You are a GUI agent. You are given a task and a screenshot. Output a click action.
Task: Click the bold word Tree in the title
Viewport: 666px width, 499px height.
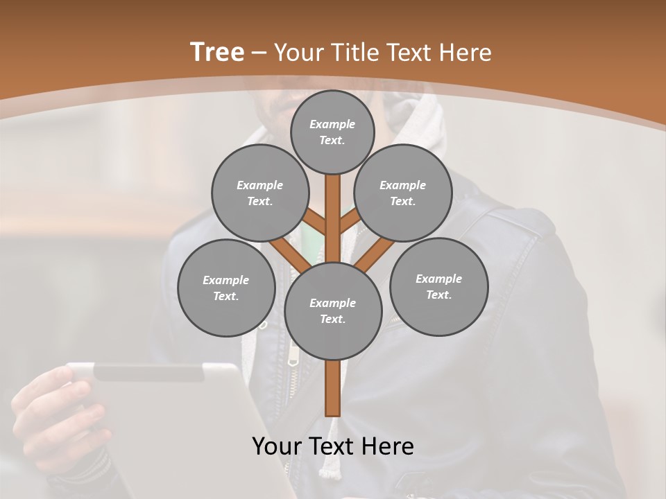pyautogui.click(x=217, y=53)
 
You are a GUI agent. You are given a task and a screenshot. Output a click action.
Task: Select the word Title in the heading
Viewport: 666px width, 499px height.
pyautogui.click(x=355, y=53)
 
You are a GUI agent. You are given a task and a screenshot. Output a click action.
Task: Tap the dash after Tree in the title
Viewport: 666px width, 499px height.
pyautogui.click(x=259, y=53)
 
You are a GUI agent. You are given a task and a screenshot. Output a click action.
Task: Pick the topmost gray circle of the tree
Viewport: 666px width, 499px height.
pyautogui.click(x=332, y=132)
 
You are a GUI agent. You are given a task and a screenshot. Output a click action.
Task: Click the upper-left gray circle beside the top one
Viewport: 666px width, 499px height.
pyautogui.click(x=259, y=193)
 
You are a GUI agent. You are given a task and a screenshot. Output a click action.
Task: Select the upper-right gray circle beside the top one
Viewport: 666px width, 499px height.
pyautogui.click(x=402, y=193)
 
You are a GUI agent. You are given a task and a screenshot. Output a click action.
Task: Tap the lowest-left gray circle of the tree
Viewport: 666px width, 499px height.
pyautogui.click(x=225, y=288)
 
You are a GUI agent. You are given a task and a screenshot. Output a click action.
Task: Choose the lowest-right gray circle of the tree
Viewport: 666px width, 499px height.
pyautogui.click(x=438, y=286)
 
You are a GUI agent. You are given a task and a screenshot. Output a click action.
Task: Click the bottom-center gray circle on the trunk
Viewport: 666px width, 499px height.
pyautogui.click(x=333, y=310)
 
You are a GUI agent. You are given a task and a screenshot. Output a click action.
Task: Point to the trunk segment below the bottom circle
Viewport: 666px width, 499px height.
pyautogui.click(x=333, y=388)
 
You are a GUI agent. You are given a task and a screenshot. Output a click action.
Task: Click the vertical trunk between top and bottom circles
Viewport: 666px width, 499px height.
pyautogui.click(x=333, y=218)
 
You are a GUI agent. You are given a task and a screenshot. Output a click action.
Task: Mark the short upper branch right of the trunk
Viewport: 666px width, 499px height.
pyautogui.click(x=350, y=221)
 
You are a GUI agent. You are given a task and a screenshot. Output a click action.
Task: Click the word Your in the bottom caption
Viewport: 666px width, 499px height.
pyautogui.click(x=277, y=446)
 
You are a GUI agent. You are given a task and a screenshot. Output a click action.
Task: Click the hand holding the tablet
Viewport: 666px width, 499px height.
pyautogui.click(x=52, y=409)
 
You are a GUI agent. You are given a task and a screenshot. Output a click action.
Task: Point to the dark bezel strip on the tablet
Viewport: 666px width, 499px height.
pyautogui.click(x=148, y=373)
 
